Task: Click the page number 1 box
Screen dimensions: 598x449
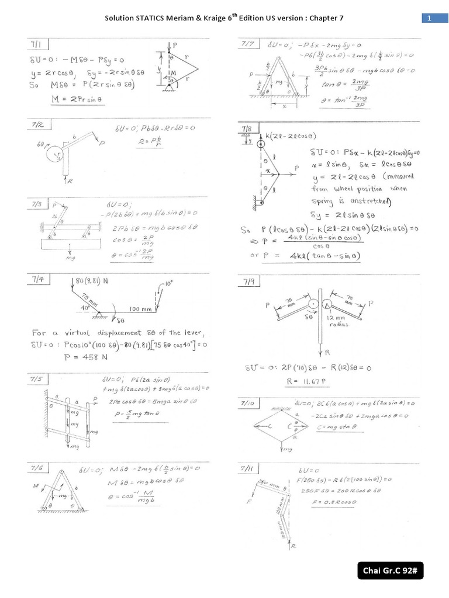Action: pyautogui.click(x=430, y=18)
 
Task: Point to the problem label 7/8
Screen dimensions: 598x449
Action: pyautogui.click(x=246, y=129)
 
